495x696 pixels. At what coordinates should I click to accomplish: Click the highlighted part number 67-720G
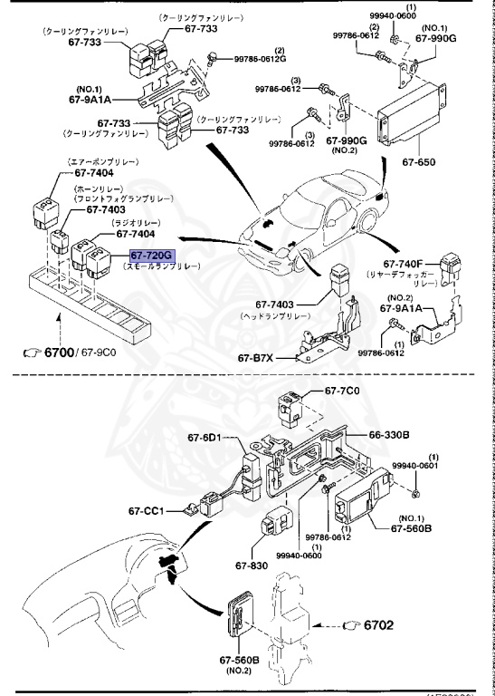150,256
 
